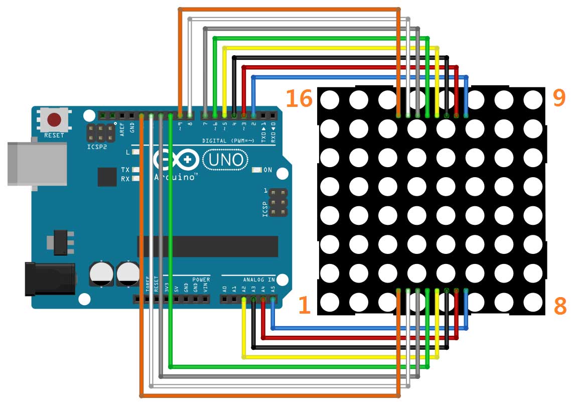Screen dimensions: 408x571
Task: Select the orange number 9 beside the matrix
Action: pos(559,98)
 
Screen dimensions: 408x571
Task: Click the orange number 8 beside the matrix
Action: pos(560,306)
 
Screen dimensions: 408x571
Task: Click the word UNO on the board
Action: pos(225,161)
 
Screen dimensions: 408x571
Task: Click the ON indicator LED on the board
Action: pos(256,170)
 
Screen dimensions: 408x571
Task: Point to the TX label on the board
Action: pos(125,170)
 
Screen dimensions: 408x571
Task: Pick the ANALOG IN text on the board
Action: pos(259,280)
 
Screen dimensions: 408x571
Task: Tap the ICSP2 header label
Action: pos(96,148)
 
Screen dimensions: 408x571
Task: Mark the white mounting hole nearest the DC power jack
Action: pos(85,300)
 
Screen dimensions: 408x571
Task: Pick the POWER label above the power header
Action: pos(201,280)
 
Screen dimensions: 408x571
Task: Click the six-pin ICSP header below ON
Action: pos(277,203)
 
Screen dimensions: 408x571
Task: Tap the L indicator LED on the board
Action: pos(135,152)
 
